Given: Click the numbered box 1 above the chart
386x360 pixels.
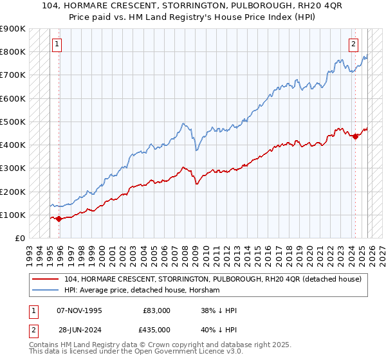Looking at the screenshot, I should coord(57,44).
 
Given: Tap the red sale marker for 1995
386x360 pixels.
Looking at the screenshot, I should coord(59,219).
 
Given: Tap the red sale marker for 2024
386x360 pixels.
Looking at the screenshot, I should coord(355,136).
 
